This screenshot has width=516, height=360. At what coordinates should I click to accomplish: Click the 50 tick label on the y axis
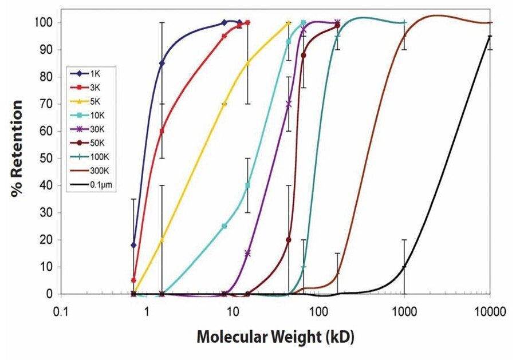tap(48, 159)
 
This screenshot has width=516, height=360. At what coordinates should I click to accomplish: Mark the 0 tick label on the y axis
tap(50, 294)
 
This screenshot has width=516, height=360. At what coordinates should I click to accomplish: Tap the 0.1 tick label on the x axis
tap(61, 311)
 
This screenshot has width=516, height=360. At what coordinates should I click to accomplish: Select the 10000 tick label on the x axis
tap(489, 311)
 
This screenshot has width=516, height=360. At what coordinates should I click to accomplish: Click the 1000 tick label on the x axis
tap(404, 311)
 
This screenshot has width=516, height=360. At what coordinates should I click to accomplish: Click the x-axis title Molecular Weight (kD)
tap(275, 337)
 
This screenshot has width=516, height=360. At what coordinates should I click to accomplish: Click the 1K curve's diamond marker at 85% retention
tap(162, 63)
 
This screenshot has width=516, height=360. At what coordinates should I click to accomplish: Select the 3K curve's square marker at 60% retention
tap(162, 131)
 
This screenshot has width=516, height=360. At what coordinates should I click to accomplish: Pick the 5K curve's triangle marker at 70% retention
tap(224, 104)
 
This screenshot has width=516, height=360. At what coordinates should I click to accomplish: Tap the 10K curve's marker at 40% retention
tap(247, 185)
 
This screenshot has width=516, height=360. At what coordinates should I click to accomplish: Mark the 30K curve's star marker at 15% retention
tap(247, 253)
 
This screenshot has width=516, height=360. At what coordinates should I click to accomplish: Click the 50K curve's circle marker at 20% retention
tap(289, 240)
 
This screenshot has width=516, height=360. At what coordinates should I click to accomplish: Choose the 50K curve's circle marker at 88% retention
tap(304, 55)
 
